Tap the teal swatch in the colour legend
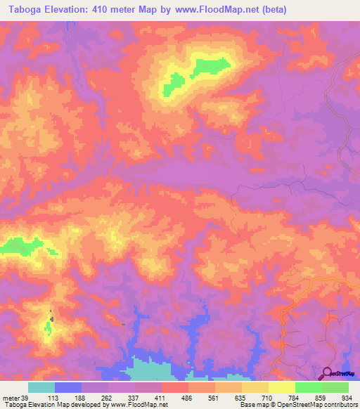pos(41,387)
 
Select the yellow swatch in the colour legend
pos(281,387)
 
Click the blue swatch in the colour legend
pos(68,387)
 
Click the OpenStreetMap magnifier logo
pos(327,373)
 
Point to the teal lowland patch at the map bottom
pos(151,370)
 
